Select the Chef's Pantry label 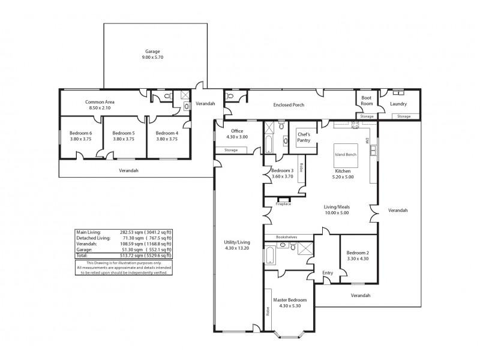(x=304, y=137)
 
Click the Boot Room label (x=367, y=101)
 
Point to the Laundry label (x=398, y=104)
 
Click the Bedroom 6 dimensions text (x=81, y=139)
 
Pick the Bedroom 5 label (x=124, y=133)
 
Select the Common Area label (x=100, y=102)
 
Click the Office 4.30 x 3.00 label (x=237, y=134)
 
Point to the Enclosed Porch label (x=289, y=104)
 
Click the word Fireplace (x=283, y=204)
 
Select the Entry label (x=328, y=272)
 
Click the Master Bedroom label (x=290, y=299)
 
